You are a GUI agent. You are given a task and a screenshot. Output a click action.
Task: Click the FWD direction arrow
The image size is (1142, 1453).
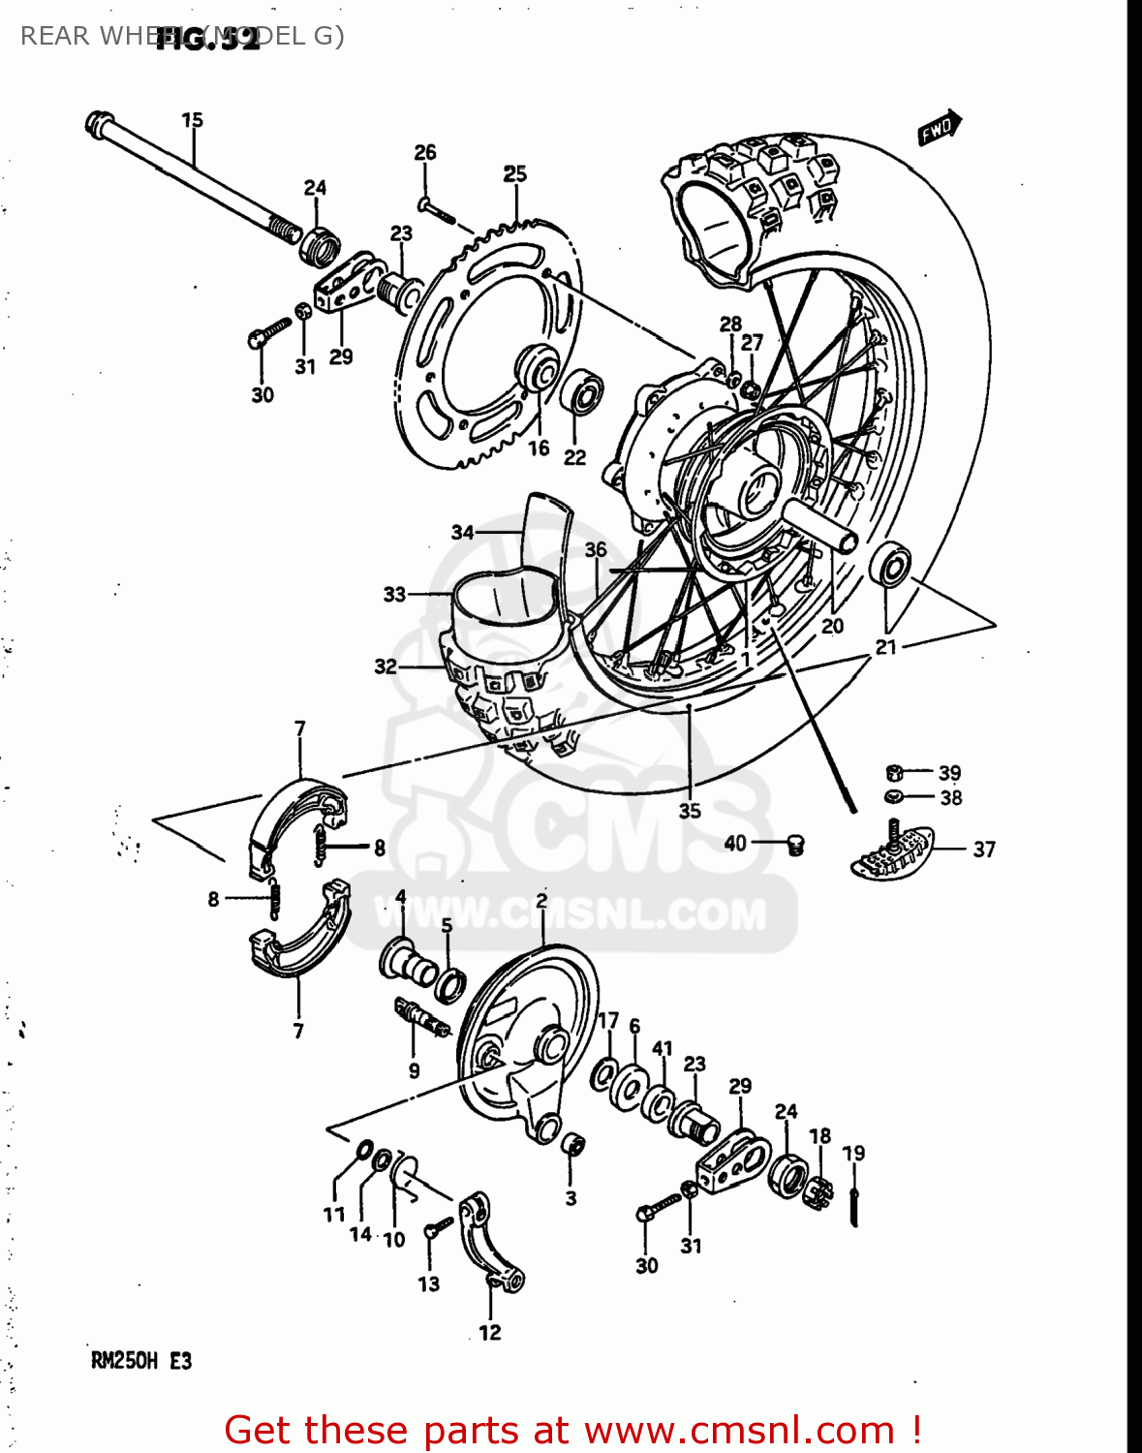939,128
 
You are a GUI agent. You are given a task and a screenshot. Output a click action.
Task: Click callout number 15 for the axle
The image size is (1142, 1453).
192,120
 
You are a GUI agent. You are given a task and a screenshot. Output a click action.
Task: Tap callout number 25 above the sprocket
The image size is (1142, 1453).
514,173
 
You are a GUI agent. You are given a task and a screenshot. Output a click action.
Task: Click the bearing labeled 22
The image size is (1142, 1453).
583,392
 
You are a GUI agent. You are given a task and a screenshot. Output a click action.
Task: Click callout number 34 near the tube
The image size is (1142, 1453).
462,532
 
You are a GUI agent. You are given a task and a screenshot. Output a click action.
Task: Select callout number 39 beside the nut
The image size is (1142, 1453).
949,773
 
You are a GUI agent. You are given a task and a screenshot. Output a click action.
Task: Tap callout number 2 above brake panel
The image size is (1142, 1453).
541,900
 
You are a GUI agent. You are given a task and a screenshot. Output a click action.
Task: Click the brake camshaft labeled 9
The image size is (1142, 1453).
421,1018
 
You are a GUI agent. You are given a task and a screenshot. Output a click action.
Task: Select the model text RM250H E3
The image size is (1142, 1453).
141,1361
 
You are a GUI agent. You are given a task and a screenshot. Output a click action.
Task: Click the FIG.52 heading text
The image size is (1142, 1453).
208,40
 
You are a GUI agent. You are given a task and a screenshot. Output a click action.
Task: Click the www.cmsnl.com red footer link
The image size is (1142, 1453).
740,1430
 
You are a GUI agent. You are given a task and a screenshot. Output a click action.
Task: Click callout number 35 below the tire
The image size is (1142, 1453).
689,811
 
